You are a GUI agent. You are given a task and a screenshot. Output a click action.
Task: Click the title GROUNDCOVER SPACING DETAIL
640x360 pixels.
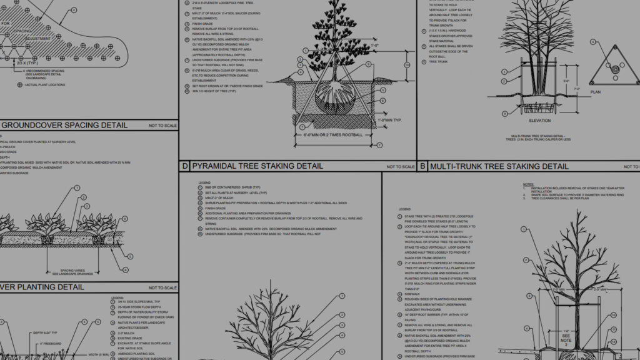coord(63,125)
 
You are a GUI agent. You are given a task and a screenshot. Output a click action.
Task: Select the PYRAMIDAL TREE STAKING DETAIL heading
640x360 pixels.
coord(257,166)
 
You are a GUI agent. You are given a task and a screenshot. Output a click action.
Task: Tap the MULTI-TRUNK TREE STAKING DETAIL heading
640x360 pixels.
coord(499,166)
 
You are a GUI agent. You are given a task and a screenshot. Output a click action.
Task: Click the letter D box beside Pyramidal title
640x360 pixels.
coord(184,166)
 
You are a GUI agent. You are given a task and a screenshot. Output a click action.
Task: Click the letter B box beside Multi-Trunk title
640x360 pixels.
coord(422,166)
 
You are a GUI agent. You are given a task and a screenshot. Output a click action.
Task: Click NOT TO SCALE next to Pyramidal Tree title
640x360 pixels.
coord(400,167)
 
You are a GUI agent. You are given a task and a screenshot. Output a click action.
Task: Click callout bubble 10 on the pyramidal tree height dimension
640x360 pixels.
coord(406,64)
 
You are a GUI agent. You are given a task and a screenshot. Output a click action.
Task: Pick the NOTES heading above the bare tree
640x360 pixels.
coord(528,184)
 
